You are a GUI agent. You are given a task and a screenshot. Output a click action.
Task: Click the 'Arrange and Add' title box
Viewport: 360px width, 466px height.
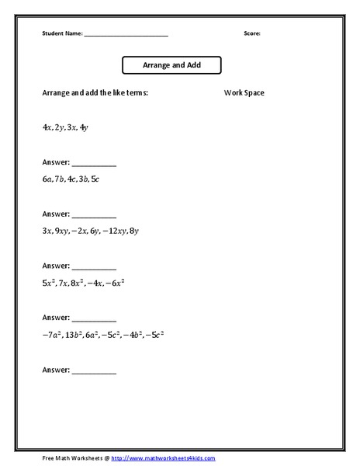pyautogui.click(x=172, y=65)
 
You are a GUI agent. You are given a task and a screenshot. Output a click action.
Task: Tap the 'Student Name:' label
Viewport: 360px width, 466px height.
pyautogui.click(x=62, y=33)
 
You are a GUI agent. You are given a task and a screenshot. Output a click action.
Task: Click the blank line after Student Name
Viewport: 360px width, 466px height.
pyautogui.click(x=126, y=34)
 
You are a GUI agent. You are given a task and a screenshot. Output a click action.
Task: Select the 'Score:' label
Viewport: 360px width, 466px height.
pyautogui.click(x=252, y=33)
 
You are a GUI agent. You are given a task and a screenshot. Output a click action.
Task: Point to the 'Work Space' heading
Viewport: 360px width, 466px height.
pyautogui.click(x=244, y=93)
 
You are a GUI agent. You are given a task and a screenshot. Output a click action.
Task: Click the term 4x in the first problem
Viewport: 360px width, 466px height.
pyautogui.click(x=47, y=125)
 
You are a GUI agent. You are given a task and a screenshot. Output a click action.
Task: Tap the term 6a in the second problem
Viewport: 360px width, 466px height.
pyautogui.click(x=47, y=179)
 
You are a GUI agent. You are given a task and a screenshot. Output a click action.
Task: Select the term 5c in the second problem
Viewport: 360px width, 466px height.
pyautogui.click(x=95, y=179)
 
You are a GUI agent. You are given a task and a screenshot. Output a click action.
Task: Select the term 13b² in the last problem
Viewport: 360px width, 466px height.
pyautogui.click(x=73, y=335)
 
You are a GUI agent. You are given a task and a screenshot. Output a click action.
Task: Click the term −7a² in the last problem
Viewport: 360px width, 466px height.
pyautogui.click(x=51, y=335)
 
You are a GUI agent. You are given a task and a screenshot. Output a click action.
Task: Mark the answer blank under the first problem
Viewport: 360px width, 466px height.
pyautogui.click(x=94, y=164)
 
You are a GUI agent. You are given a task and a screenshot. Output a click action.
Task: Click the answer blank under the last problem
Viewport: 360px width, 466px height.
pyautogui.click(x=94, y=372)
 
